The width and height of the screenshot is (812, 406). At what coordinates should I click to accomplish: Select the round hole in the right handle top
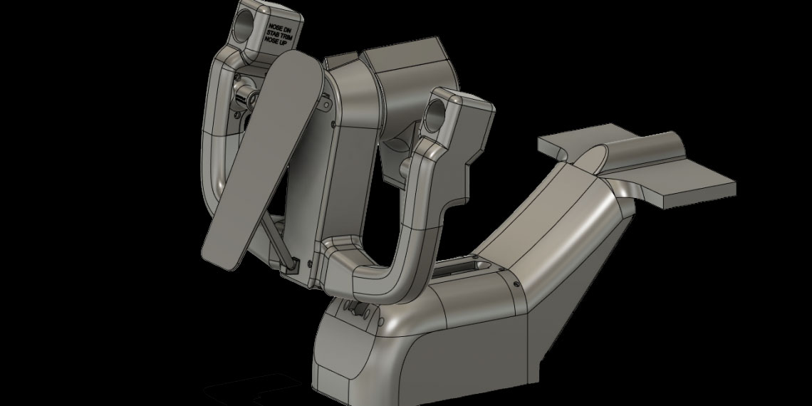tap(437, 108)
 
